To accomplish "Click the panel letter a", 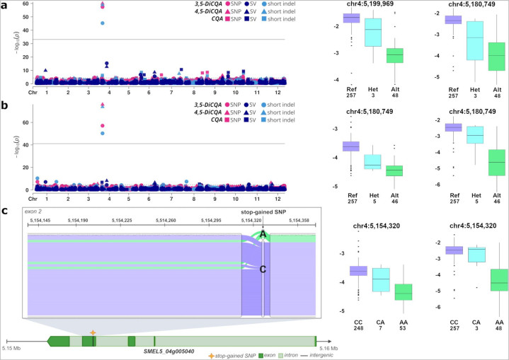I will coord(5,6).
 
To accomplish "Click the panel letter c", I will coord(5,210).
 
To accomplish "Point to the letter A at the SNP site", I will coord(263,234).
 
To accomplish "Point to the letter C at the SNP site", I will coord(263,269).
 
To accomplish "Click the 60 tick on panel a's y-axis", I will coord(25,4).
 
